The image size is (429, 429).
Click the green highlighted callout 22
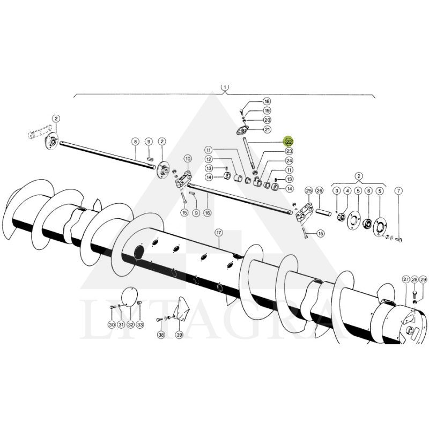coord(289,142)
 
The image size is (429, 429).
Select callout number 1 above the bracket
coord(225,87)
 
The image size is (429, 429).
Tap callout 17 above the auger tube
coord(219,233)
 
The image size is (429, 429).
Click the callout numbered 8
coord(135,142)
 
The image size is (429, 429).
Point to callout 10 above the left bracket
coord(188,158)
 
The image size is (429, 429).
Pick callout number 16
coord(208,212)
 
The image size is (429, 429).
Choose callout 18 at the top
coord(267,101)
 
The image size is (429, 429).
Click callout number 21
coord(267,129)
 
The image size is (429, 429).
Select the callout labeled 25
coord(309,190)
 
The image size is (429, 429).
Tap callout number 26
coord(319,190)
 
